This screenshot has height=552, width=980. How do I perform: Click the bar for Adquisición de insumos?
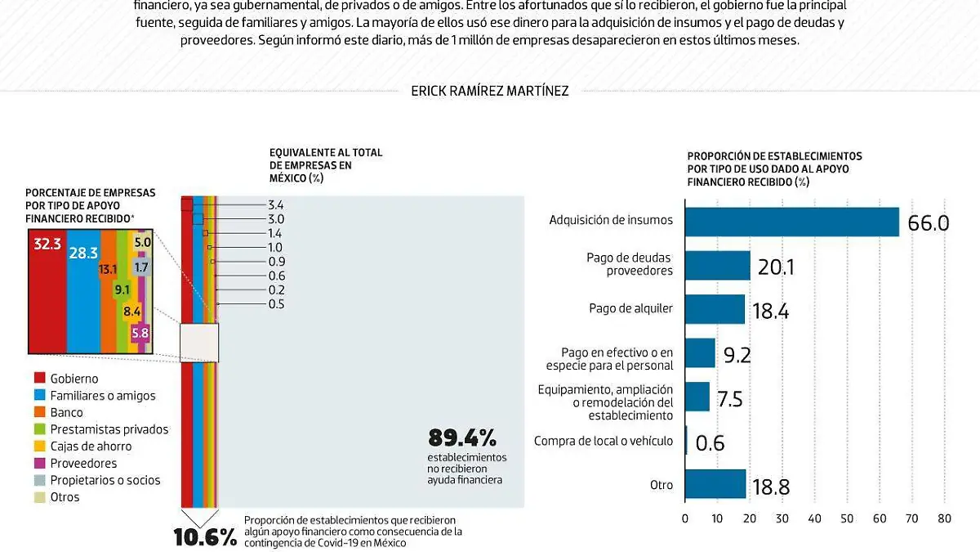click(791, 222)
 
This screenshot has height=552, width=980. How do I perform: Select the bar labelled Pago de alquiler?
click(715, 309)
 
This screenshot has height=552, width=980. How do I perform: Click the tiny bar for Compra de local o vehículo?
click(686, 441)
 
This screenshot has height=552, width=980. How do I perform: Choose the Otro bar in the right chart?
click(715, 484)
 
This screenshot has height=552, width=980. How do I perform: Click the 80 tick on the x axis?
click(945, 518)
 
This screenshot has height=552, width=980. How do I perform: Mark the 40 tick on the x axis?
click(815, 518)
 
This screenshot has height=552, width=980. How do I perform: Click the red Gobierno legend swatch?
click(38, 379)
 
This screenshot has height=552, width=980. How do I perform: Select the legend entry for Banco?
click(65, 413)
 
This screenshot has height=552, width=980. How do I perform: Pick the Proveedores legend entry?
click(83, 464)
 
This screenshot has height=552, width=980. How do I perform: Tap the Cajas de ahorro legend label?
click(91, 447)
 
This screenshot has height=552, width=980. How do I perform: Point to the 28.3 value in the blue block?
click(83, 254)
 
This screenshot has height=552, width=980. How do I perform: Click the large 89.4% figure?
click(461, 438)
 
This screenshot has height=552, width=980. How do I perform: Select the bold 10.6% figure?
click(205, 537)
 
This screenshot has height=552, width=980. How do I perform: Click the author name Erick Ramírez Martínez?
click(490, 91)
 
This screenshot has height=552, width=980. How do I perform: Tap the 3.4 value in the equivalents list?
click(275, 204)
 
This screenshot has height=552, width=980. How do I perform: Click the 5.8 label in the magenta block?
click(140, 333)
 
